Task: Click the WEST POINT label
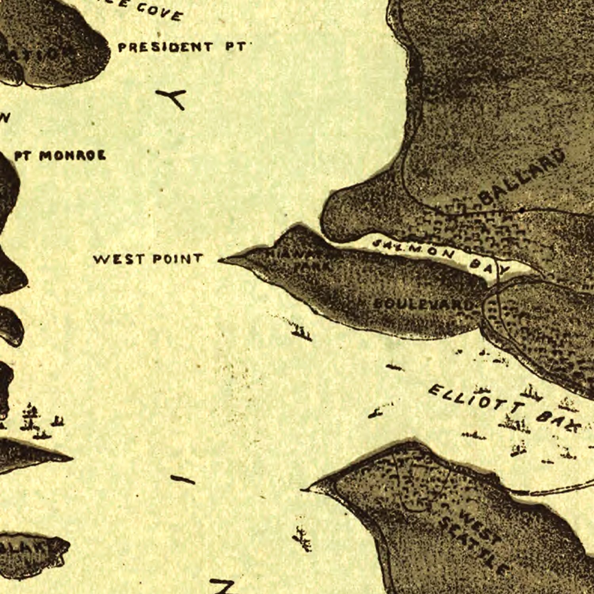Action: click(x=148, y=259)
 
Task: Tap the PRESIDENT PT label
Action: click(x=182, y=47)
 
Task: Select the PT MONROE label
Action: click(x=60, y=156)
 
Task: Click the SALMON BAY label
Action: click(x=440, y=256)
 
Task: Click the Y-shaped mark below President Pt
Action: click(x=173, y=98)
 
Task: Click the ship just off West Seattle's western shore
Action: click(x=302, y=539)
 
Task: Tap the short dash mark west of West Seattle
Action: click(x=183, y=480)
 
